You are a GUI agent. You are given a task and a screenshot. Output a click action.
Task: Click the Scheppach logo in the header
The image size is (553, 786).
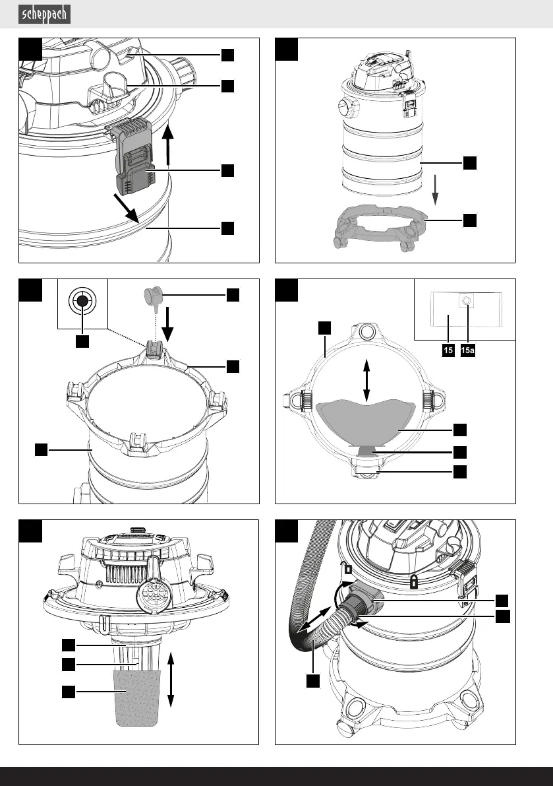pyautogui.click(x=45, y=14)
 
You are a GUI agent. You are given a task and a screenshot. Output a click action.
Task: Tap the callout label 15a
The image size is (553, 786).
pyautogui.click(x=467, y=351)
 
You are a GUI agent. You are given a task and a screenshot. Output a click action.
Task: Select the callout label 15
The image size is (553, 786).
pyautogui.click(x=448, y=351)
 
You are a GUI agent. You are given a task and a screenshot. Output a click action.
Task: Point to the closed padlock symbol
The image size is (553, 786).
pyautogui.click(x=414, y=581)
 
